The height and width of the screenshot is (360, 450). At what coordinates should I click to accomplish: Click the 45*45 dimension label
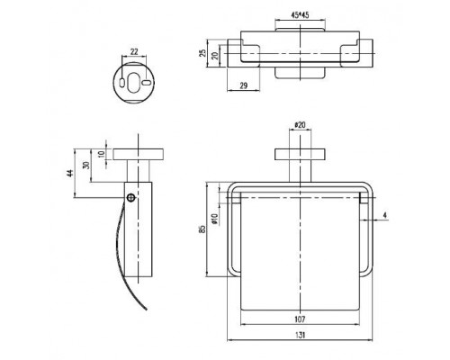300,14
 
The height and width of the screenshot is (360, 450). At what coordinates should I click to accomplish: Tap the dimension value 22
134,51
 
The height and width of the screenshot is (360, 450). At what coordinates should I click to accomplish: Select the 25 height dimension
203,53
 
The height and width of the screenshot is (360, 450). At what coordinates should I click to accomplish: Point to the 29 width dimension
244,85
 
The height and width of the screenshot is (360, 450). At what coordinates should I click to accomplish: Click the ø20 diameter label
300,125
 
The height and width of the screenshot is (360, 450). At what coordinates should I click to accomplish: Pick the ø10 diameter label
214,219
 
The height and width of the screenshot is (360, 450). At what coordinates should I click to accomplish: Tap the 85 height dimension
202,229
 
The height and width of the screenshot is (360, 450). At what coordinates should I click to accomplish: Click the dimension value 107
300,319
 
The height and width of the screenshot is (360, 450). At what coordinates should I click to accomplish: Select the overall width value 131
300,335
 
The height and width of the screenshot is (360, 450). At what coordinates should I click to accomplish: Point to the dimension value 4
385,215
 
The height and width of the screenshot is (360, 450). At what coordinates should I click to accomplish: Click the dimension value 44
70,173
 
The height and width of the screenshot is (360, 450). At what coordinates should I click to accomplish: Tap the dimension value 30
86,166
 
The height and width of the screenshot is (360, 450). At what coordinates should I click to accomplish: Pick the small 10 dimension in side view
102,154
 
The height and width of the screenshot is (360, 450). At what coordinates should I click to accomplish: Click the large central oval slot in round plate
134,83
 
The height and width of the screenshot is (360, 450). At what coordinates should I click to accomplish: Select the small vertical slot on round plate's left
121,83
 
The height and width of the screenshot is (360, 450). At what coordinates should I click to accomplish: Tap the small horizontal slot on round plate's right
147,83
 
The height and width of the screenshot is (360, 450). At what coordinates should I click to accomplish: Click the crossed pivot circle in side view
130,197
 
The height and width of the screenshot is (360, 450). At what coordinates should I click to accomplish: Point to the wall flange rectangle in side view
139,154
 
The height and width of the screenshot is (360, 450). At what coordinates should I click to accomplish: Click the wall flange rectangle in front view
300,154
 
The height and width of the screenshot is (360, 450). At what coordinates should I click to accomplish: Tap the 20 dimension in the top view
215,56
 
